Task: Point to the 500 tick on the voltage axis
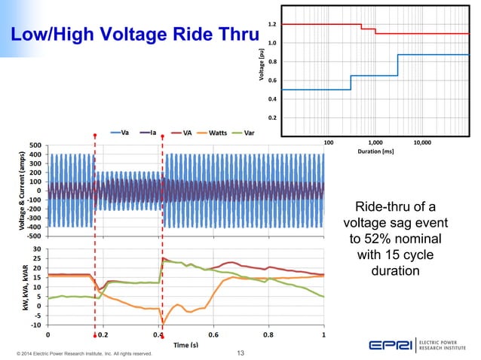tap(35, 145)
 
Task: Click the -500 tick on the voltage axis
tap(34, 234)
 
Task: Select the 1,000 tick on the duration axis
tap(375, 142)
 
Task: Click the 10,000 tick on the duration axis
tap(421, 142)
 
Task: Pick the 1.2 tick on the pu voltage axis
tap(271, 25)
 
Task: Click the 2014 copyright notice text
tap(79, 352)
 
